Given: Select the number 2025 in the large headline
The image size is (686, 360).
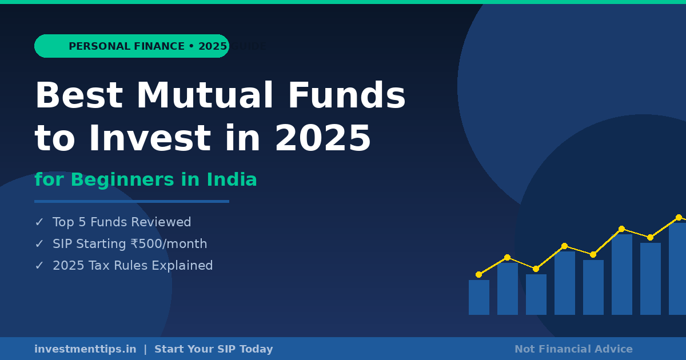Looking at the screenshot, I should (323, 139).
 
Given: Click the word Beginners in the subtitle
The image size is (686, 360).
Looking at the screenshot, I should (123, 180).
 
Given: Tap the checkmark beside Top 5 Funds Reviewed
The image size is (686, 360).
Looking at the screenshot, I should (39, 222).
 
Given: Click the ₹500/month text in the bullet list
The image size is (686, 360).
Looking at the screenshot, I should (169, 244).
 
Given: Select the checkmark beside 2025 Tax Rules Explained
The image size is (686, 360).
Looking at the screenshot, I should (39, 266).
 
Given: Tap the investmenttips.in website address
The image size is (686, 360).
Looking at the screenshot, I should (85, 349).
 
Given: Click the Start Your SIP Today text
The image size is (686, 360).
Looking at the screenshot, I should (214, 349).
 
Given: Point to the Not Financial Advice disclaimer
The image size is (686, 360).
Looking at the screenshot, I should (573, 349).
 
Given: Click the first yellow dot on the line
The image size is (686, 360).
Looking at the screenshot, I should (478, 274).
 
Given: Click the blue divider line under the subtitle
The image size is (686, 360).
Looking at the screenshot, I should (131, 201).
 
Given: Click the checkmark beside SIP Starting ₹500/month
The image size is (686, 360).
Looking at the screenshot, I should (39, 244).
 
